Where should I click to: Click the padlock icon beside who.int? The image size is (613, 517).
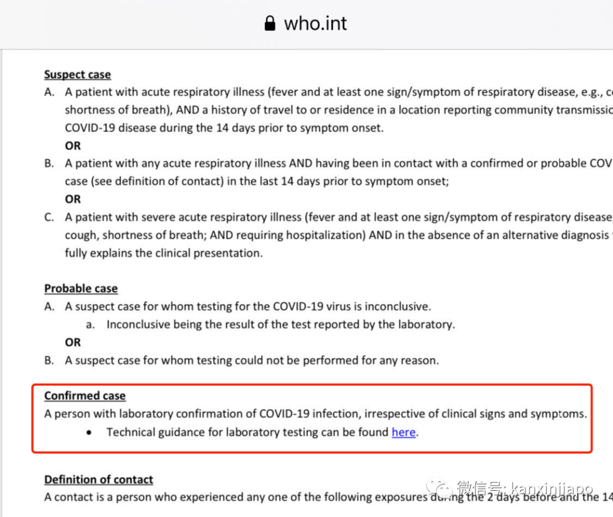click(x=270, y=23)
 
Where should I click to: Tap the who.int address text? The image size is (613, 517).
click(x=315, y=23)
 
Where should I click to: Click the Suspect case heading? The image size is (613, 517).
click(x=77, y=74)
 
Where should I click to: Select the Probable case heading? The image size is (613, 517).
click(x=81, y=288)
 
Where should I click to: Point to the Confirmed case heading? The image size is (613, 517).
click(x=85, y=396)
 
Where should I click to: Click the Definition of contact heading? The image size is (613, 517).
click(x=99, y=480)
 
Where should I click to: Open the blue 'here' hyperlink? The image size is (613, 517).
click(x=404, y=432)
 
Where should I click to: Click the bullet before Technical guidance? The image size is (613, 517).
click(x=89, y=432)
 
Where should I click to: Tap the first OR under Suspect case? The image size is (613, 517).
click(x=73, y=146)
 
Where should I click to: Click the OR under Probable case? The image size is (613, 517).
click(x=73, y=342)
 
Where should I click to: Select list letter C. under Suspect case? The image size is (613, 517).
click(x=49, y=217)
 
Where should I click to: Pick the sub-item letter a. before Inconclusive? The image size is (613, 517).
click(x=90, y=325)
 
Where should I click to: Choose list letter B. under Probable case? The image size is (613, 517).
click(x=49, y=360)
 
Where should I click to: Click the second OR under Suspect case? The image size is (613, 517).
click(x=73, y=199)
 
